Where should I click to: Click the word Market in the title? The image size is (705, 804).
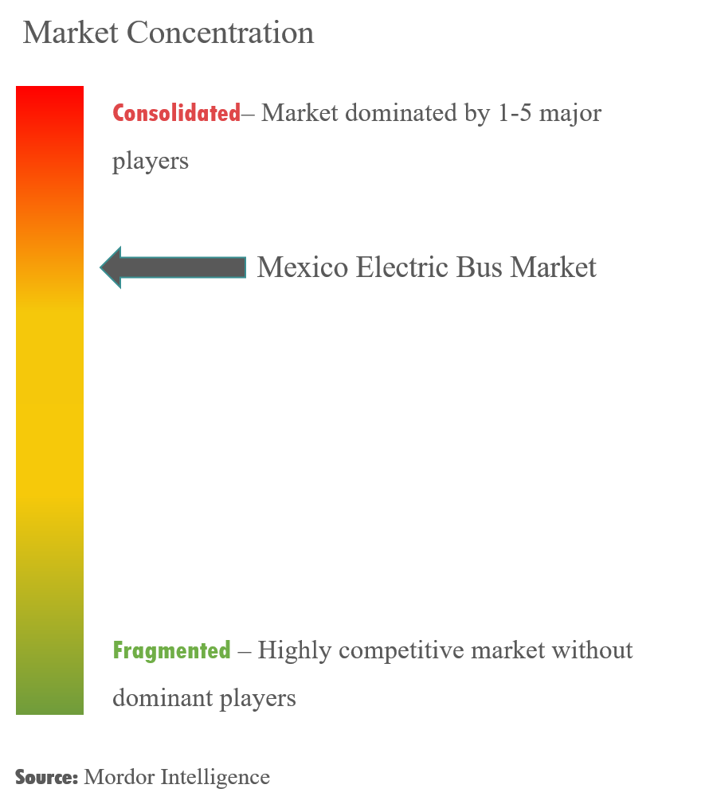click(x=71, y=33)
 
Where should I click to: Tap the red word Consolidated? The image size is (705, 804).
click(x=176, y=113)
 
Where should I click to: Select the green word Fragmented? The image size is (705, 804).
click(x=171, y=650)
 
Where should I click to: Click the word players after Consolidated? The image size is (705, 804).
click(x=151, y=161)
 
